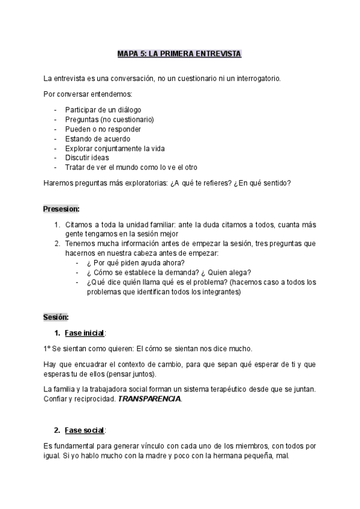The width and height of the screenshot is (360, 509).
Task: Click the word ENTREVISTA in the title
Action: (217, 54)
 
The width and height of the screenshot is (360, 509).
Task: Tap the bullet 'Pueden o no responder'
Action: (103, 129)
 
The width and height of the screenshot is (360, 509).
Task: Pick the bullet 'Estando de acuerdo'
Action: (97, 139)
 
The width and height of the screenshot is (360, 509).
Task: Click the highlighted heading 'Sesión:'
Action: (56, 316)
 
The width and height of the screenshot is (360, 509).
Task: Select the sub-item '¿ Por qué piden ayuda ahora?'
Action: (135, 263)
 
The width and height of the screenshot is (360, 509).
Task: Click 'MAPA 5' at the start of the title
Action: (131, 54)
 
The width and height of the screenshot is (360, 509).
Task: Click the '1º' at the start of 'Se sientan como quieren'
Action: (47, 349)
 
